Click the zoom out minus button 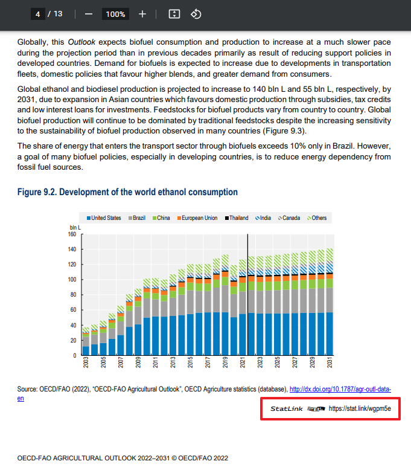click(x=88, y=14)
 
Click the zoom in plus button click(x=142, y=14)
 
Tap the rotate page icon click(x=196, y=14)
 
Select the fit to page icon click(x=174, y=14)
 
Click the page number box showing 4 click(x=38, y=14)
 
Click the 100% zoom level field click(x=115, y=14)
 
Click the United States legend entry click(x=104, y=218)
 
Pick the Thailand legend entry click(x=237, y=218)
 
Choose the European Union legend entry click(x=197, y=218)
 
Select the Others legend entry click(x=317, y=218)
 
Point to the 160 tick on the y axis click(x=72, y=234)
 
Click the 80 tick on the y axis click(x=73, y=295)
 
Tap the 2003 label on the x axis click(x=86, y=362)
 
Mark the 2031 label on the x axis click(x=330, y=362)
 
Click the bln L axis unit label click(x=75, y=228)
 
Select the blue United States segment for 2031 click(x=330, y=333)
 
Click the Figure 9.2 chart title click(x=127, y=192)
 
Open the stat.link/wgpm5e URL click(x=360, y=408)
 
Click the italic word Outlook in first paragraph click(x=81, y=42)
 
